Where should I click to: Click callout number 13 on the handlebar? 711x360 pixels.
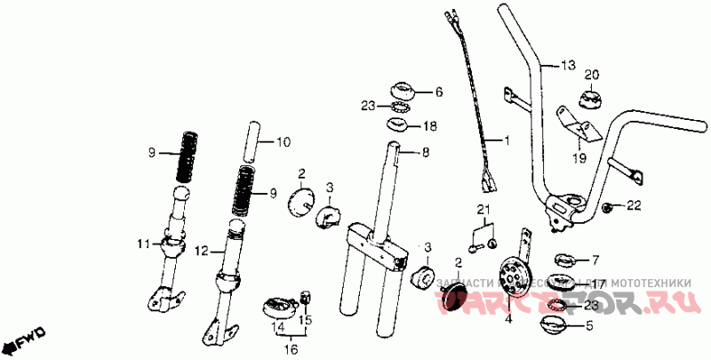pos(569,65)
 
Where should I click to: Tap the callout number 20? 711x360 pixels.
pos(592,75)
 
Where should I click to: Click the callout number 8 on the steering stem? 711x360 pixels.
pos(426,153)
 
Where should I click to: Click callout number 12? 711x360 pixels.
pos(201,252)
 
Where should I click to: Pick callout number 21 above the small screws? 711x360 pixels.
pos(483,210)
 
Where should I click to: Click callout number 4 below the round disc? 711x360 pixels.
pos(507,316)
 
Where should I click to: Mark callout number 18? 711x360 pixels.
pos(429,125)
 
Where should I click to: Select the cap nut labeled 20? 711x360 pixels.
pos(592,96)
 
